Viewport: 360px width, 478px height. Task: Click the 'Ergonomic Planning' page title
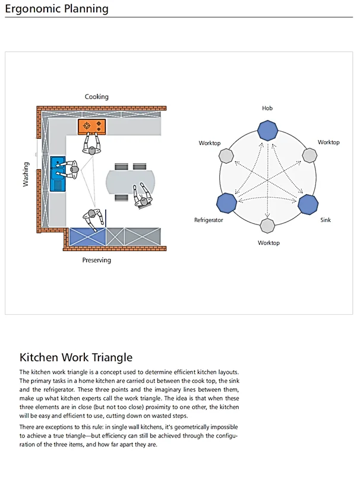[x=56, y=9]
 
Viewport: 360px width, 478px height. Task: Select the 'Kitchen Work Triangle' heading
[x=76, y=357]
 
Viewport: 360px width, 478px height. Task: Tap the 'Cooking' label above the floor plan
[x=96, y=97]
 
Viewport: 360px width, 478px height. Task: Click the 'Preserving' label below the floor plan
[x=96, y=260]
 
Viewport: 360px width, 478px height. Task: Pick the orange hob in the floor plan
[x=91, y=126]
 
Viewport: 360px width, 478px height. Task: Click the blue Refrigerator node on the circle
[x=226, y=203]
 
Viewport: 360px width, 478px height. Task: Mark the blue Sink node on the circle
[x=308, y=203]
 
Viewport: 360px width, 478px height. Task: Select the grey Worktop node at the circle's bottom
[x=267, y=226]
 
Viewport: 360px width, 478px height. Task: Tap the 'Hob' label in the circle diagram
[x=267, y=109]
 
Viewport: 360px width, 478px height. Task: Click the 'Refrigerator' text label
[x=209, y=220]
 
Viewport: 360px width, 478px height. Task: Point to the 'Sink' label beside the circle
[x=326, y=220]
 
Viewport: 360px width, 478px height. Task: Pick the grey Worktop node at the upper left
[x=226, y=156]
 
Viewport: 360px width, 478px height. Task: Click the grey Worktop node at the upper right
[x=309, y=156]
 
